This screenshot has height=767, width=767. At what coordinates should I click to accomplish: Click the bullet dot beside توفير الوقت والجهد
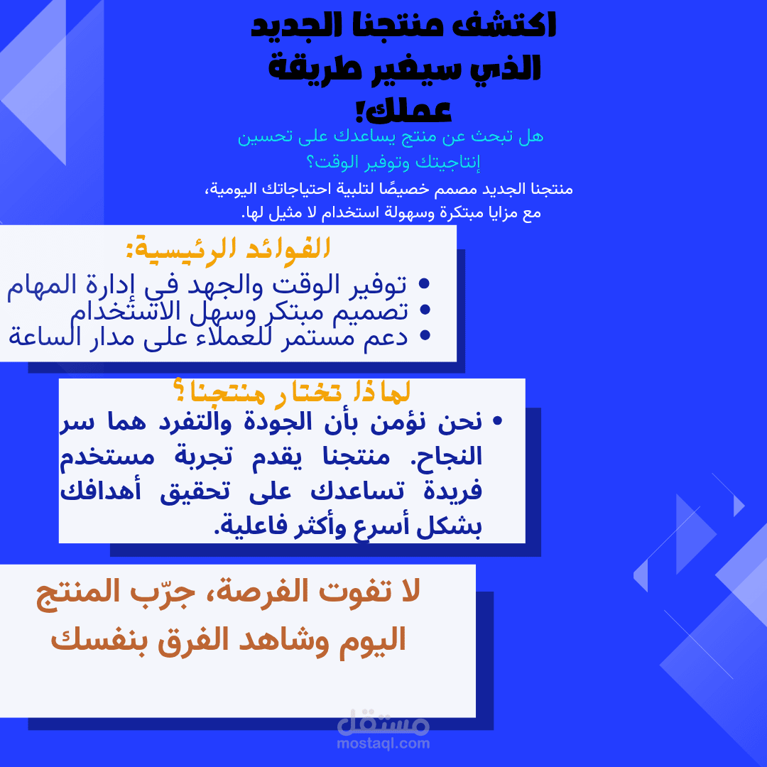pyautogui.click(x=425, y=285)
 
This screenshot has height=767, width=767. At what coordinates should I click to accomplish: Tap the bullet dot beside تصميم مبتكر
pyautogui.click(x=425, y=310)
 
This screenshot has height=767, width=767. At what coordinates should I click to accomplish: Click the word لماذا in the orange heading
pyautogui.click(x=383, y=392)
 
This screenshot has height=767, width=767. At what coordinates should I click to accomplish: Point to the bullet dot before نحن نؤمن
pyautogui.click(x=497, y=422)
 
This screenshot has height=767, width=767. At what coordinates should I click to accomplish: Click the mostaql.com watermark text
pyautogui.click(x=383, y=744)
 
